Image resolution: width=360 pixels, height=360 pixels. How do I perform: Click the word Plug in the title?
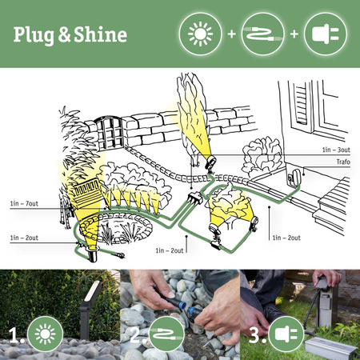click(32, 34)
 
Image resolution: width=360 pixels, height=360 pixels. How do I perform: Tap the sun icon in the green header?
click(198, 34)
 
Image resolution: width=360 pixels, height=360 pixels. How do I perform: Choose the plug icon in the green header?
click(326, 34)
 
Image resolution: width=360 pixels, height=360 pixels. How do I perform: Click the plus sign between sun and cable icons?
click(230, 34)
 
